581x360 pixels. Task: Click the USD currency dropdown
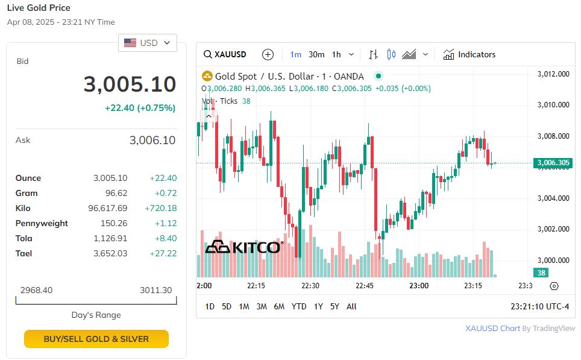pos(148,43)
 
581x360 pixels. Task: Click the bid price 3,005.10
pos(130,84)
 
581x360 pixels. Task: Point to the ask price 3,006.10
pos(152,141)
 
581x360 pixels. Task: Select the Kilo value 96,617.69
pos(107,208)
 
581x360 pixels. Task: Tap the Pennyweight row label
pos(42,223)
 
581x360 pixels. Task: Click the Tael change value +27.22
pos(163,253)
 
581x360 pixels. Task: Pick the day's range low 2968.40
pos(36,290)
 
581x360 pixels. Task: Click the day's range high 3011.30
pos(155,290)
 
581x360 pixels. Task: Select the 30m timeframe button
pos(316,54)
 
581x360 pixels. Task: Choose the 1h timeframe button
pos(336,54)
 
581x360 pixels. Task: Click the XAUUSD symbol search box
pos(225,54)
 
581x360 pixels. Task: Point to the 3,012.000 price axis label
pos(553,74)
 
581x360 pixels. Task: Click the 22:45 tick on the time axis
pos(364,285)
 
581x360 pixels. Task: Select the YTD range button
pos(299,306)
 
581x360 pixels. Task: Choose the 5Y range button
pos(334,306)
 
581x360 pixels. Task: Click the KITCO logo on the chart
pos(243,247)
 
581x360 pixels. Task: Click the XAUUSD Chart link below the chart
pos(492,329)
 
